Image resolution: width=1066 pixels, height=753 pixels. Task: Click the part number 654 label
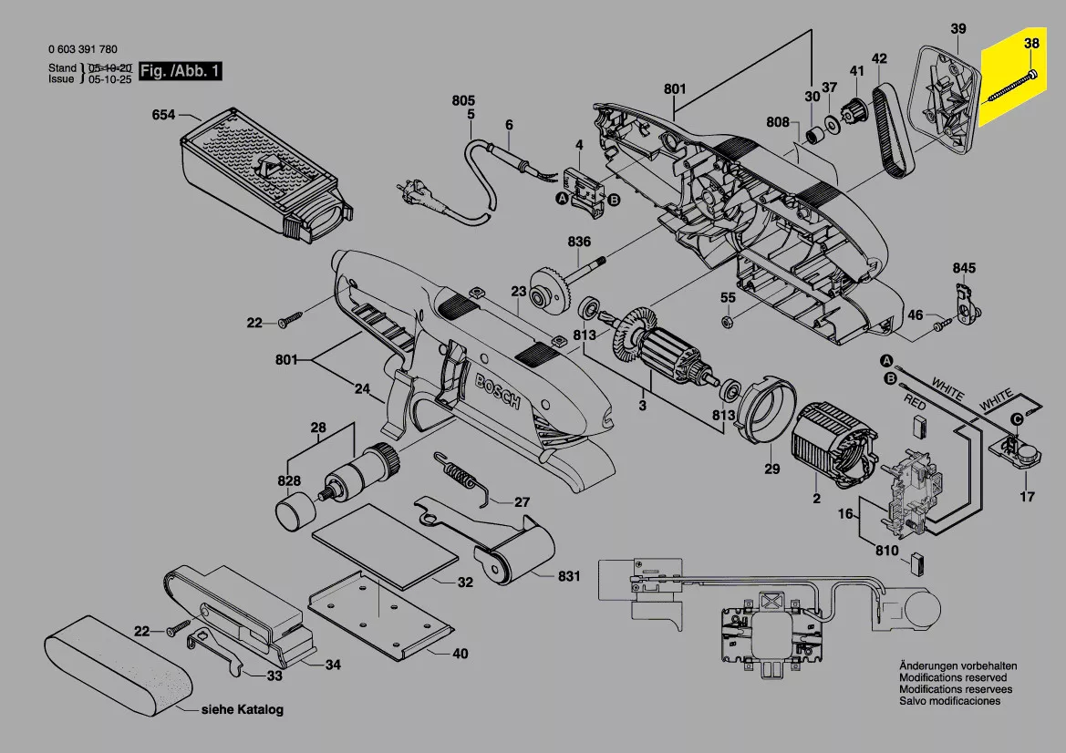163,115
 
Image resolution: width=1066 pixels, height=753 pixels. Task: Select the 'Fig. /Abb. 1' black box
181,71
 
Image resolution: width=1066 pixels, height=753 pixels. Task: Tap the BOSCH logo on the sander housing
497,392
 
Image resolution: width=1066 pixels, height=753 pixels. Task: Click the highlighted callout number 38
1031,44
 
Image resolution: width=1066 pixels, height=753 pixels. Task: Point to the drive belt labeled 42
894,132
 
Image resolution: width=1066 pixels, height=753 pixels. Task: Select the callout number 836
579,242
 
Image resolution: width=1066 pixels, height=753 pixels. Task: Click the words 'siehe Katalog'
242,709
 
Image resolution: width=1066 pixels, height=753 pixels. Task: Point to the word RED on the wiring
915,403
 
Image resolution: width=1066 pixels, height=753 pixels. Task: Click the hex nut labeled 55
727,321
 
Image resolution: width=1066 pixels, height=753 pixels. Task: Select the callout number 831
569,576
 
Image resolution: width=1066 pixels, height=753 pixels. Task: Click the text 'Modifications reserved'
953,677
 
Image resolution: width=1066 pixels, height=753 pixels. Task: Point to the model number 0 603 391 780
83,49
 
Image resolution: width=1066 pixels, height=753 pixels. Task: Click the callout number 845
964,268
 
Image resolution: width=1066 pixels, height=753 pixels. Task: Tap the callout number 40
461,654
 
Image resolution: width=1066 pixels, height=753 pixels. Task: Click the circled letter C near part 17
1017,419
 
